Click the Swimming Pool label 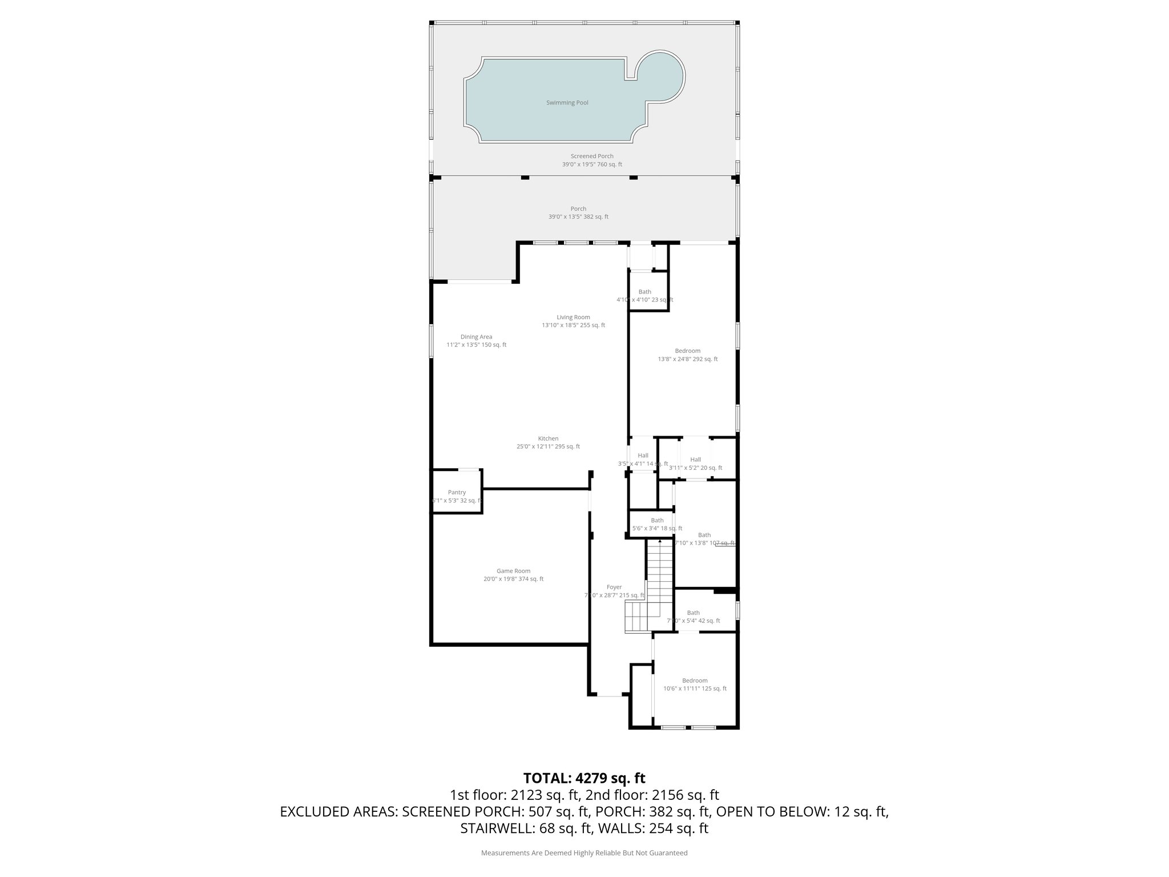pyautogui.click(x=567, y=103)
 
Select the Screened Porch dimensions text pyautogui.click(x=592, y=164)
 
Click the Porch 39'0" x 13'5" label pyautogui.click(x=578, y=213)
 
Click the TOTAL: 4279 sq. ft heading pyautogui.click(x=584, y=778)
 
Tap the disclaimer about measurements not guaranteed pyautogui.click(x=584, y=853)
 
